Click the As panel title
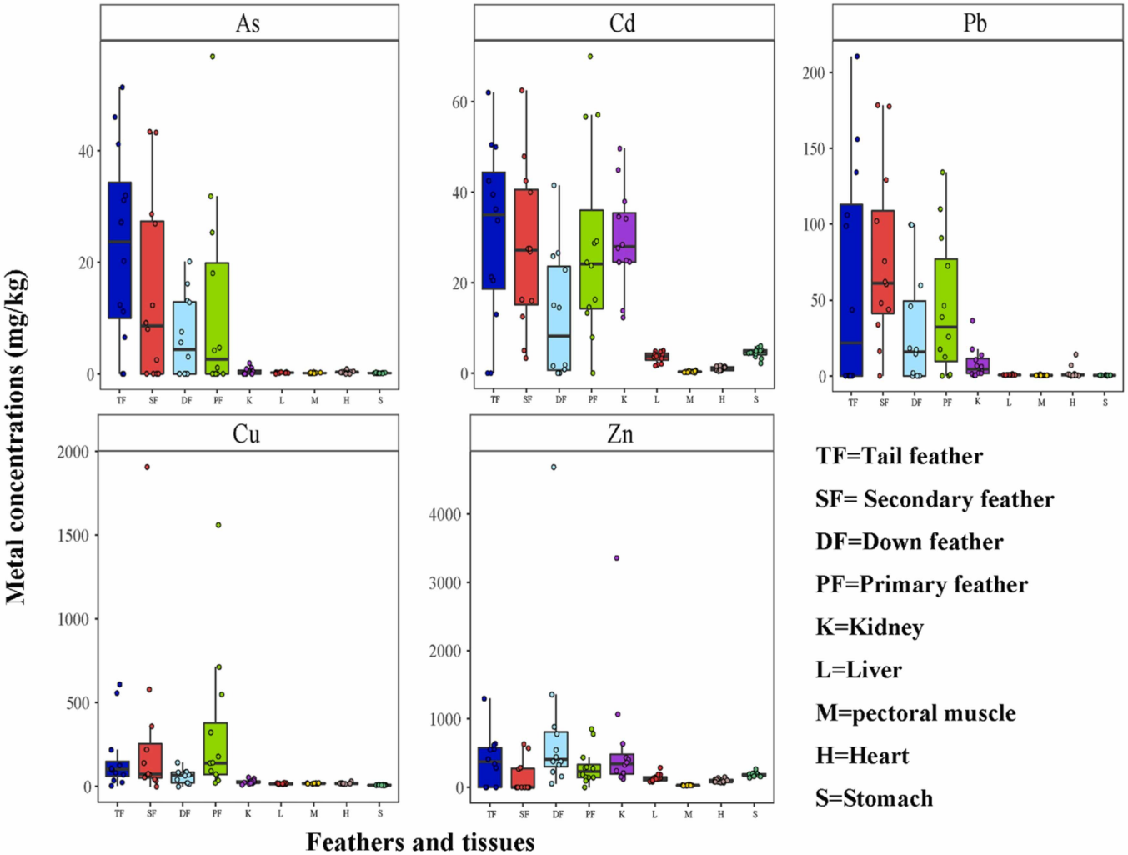click(248, 23)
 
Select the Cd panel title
click(623, 23)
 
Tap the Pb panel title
click(975, 23)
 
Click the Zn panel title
click(620, 434)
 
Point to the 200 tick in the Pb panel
click(814, 73)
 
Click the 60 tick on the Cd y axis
click(459, 102)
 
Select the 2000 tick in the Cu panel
click(73, 452)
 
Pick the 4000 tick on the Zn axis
click(445, 515)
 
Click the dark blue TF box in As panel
click(120, 250)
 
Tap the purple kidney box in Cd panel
click(624, 237)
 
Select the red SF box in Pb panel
click(883, 262)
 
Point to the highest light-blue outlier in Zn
click(554, 467)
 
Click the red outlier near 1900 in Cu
click(148, 467)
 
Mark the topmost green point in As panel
click(213, 57)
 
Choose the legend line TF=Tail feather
click(900, 457)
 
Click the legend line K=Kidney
click(870, 627)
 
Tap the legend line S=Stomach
click(875, 798)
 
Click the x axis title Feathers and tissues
click(420, 842)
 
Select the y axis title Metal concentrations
click(16, 437)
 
